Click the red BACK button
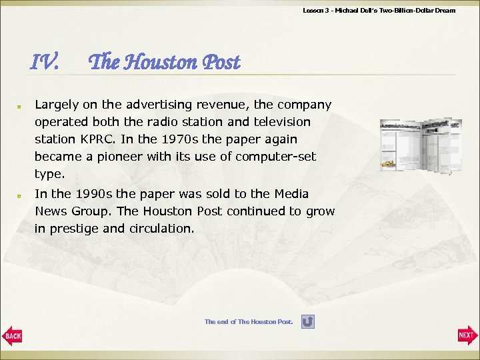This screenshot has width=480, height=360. click(x=12, y=335)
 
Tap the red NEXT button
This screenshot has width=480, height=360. click(x=467, y=335)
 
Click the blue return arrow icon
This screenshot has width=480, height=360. click(x=307, y=322)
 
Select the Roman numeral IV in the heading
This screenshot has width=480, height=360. click(x=45, y=63)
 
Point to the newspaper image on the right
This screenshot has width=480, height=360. click(x=420, y=146)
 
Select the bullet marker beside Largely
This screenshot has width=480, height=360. click(x=21, y=105)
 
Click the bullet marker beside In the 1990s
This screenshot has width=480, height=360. click(x=21, y=195)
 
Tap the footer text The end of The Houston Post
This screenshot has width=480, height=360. click(x=248, y=322)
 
